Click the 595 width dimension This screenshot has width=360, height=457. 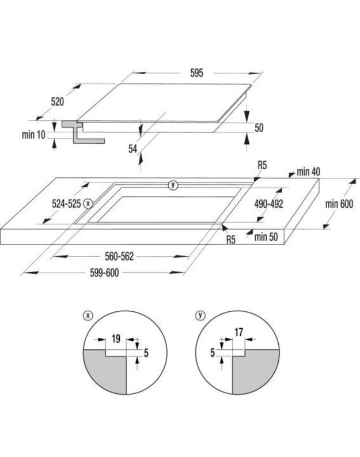(x=196, y=73)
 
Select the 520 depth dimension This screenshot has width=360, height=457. (x=57, y=102)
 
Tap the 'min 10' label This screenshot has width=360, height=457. (x=33, y=135)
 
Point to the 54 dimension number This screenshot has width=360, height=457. (x=132, y=148)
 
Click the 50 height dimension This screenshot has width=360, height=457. (x=259, y=128)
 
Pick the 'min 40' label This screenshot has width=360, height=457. (x=308, y=172)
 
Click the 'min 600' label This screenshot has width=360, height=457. (x=339, y=204)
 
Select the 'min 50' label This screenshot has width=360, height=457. (x=266, y=237)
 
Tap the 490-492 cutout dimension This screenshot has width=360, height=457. (x=268, y=204)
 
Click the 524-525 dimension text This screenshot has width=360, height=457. (x=66, y=203)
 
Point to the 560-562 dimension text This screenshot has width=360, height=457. (x=119, y=257)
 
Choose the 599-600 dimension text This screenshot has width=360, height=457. (x=104, y=273)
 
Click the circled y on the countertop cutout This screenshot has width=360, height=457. (x=173, y=185)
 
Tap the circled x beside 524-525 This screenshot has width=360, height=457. (x=88, y=203)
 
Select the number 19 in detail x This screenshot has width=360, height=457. (x=116, y=338)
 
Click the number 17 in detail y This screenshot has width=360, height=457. (x=238, y=332)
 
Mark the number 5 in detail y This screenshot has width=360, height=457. (x=213, y=353)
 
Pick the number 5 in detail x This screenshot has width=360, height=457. (x=146, y=353)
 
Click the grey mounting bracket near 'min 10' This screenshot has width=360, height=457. (x=82, y=132)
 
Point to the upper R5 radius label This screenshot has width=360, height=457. (x=262, y=166)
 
